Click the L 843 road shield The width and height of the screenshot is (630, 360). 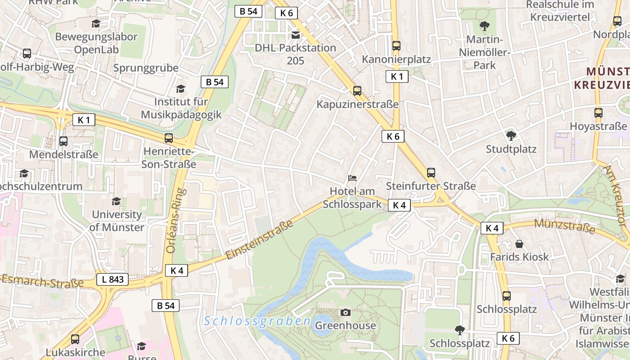click(112, 279)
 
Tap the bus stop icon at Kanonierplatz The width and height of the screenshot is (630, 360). click(396, 46)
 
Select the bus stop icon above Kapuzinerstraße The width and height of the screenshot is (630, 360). click(357, 91)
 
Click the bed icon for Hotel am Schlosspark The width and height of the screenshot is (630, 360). click(353, 178)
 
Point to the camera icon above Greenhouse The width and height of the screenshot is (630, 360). click(346, 312)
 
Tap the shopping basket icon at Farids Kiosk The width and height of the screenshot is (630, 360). click(519, 244)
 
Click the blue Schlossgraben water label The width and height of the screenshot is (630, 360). click(257, 321)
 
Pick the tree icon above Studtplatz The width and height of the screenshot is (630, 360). click(511, 135)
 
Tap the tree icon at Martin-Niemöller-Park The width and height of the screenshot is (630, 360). click(485, 26)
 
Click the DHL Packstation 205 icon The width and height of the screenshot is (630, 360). click(296, 35)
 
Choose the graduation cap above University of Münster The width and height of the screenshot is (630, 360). click(117, 201)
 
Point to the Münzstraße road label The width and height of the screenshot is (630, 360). click(564, 225)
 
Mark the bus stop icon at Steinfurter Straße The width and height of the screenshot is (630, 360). click(431, 173)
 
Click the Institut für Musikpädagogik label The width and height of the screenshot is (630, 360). click(181, 108)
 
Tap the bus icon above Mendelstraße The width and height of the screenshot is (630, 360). click(63, 141)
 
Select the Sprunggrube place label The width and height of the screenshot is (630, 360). click(146, 68)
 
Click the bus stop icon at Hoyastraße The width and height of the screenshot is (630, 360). click(598, 113)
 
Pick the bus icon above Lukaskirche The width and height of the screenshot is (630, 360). click(75, 339)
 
